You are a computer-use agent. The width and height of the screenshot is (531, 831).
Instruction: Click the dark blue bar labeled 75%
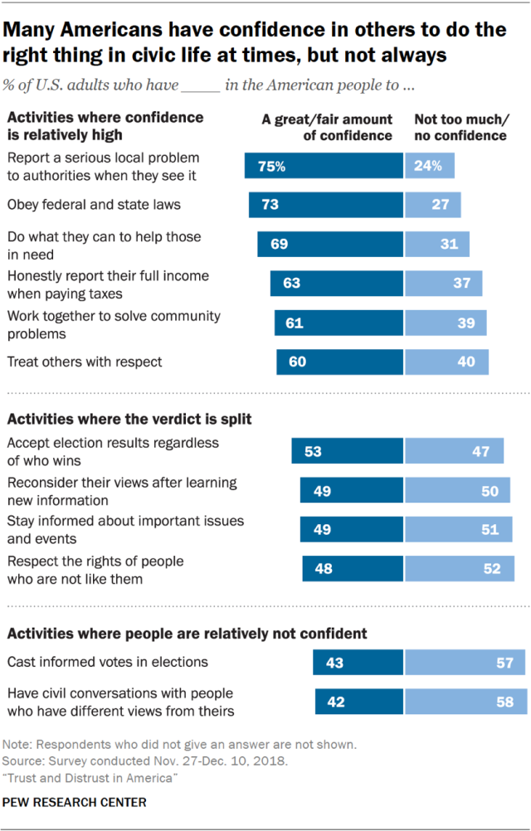coord(324,165)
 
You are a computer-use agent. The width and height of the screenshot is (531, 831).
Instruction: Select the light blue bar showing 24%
coord(430,165)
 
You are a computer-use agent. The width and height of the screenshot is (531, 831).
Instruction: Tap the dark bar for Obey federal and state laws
coord(326,205)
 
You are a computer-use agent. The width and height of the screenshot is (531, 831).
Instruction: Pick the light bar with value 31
coord(437,244)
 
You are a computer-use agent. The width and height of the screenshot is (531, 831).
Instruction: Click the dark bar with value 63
coord(337,284)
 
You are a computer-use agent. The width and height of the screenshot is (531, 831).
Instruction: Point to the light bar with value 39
coord(446,323)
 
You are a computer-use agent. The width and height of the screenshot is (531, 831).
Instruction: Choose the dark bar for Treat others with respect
coord(339,362)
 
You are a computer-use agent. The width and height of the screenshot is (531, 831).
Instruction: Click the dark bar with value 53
coord(348,451)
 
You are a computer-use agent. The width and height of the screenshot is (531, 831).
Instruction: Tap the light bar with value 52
coord(460,569)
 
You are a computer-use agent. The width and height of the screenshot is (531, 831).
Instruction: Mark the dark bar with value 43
coord(358,662)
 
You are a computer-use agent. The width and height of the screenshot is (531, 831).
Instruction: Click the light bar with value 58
coord(466,702)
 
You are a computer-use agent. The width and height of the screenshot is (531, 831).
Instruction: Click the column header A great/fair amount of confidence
coord(327,127)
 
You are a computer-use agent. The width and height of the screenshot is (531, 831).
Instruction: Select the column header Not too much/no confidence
coord(460,127)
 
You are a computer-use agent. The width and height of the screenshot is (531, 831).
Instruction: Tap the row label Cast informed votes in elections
coord(107,662)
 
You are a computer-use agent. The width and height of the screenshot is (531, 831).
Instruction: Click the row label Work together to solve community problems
coord(114,323)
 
